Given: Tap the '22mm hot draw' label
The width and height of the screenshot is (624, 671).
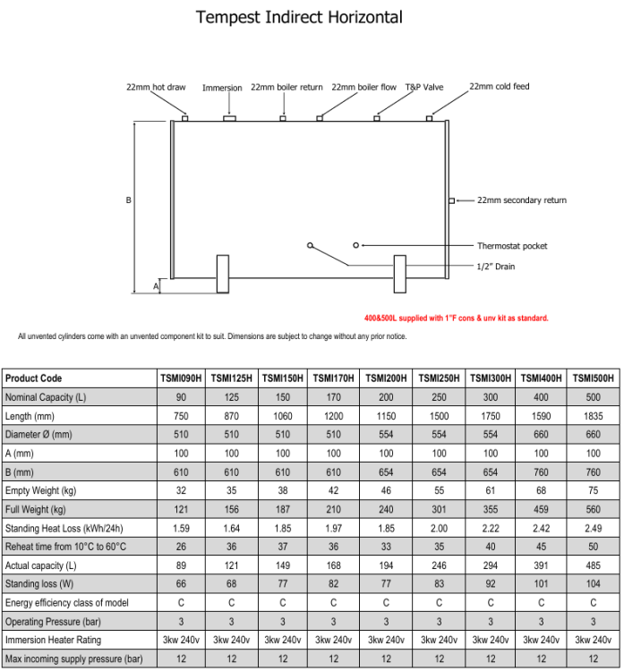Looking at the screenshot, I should click(x=156, y=88).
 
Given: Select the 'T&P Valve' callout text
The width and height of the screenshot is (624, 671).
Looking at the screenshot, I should click(x=423, y=88).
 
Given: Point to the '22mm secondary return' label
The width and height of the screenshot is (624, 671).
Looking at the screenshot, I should click(x=521, y=200).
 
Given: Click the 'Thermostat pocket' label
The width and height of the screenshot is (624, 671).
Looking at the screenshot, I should click(x=511, y=246).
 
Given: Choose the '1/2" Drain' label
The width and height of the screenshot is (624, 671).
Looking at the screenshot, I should click(x=495, y=266).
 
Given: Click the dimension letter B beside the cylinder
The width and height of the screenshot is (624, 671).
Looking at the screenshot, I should click(x=129, y=200).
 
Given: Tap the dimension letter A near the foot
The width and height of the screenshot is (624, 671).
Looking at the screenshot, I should click(x=156, y=286).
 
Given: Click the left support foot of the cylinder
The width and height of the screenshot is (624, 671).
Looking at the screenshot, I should click(x=223, y=274).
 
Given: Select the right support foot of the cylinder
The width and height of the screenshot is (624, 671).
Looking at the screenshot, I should click(x=401, y=274).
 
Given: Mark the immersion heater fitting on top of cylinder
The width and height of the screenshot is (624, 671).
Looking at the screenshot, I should click(x=229, y=118).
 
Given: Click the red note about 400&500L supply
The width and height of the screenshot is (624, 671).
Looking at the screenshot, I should click(x=456, y=318).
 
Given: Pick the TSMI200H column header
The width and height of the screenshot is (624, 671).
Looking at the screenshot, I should click(x=386, y=378).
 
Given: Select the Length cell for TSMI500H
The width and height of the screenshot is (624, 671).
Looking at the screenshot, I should click(x=594, y=416).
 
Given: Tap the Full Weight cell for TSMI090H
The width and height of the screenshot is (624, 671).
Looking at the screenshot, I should click(x=181, y=510).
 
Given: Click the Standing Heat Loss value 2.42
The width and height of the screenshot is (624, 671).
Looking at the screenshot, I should click(x=542, y=529).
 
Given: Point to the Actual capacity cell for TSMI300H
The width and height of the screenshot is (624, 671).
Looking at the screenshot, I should click(x=491, y=565).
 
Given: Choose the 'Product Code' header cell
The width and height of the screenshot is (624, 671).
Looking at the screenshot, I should click(x=34, y=378).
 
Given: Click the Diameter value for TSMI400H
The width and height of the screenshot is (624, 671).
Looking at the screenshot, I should click(x=542, y=435).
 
